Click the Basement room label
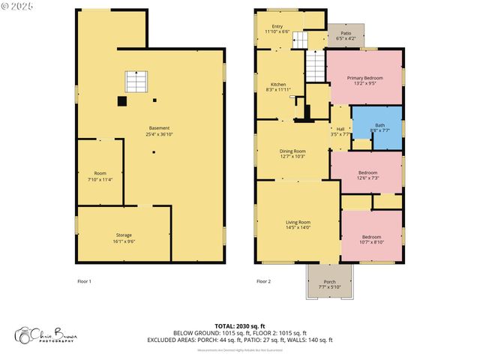tap(158, 130)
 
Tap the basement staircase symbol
tap(136, 81)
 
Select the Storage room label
tap(123, 238)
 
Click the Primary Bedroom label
tap(364, 81)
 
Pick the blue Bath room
tap(379, 127)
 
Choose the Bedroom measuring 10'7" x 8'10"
tap(372, 239)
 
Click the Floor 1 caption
tap(84, 281)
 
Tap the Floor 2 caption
tap(263, 281)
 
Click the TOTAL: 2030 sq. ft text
tap(240, 325)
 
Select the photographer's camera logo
tap(29, 334)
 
